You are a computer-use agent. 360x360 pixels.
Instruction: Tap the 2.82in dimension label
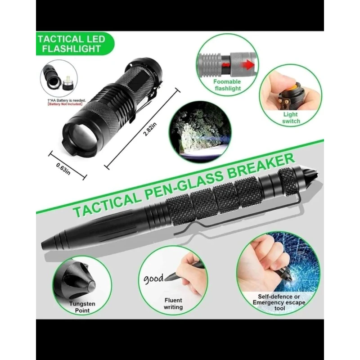click(150, 129)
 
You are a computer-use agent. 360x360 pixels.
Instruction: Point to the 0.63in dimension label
click(63, 169)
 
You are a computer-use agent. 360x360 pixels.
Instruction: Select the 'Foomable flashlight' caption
click(227, 85)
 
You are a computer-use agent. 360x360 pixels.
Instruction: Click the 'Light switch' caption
click(291, 117)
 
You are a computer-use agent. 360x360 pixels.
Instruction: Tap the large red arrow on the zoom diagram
click(248, 65)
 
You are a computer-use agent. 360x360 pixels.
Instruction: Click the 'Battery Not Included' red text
click(65, 104)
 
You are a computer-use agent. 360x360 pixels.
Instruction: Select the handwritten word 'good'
click(153, 279)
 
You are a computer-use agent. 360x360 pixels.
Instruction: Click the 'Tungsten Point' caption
click(82, 307)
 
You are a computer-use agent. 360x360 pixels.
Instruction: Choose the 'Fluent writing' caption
click(173, 303)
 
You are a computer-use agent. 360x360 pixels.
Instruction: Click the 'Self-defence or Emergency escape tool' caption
click(279, 302)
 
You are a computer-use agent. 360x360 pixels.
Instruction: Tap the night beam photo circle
click(200, 132)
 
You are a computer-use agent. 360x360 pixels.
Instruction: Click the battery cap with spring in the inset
click(68, 84)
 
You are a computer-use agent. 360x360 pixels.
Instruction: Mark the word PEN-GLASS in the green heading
click(184, 189)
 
